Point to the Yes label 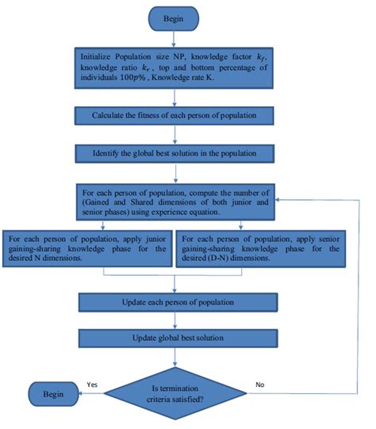pyautogui.click(x=93, y=383)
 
